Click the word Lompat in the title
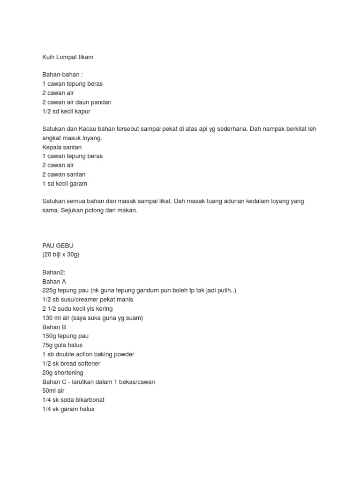pyautogui.click(x=67, y=57)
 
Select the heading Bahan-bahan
pyautogui.click(x=61, y=75)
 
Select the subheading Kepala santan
pyautogui.click(x=62, y=147)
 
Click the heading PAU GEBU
pyautogui.click(x=58, y=246)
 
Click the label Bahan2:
pyautogui.click(x=54, y=273)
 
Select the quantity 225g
pyautogui.click(x=49, y=291)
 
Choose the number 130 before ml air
pyautogui.click(x=47, y=318)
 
